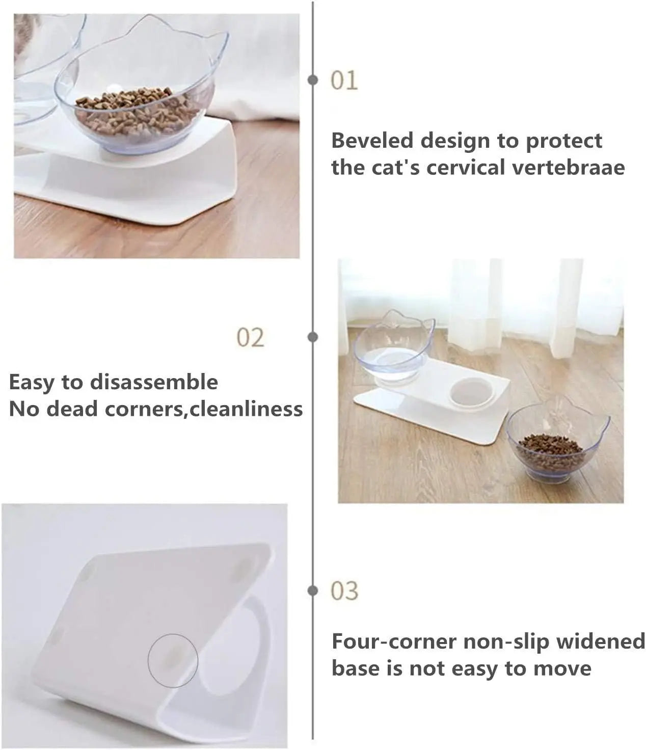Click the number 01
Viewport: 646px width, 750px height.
pyautogui.click(x=344, y=81)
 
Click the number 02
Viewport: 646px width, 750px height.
pyautogui.click(x=251, y=338)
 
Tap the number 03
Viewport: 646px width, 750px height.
pyautogui.click(x=344, y=591)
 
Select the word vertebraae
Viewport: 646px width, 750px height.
pyautogui.click(x=568, y=168)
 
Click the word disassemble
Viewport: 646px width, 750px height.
pyautogui.click(x=154, y=382)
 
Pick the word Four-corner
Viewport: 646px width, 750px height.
pyautogui.click(x=393, y=641)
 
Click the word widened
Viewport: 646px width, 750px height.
pyautogui.click(x=601, y=641)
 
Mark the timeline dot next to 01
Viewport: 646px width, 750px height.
pyautogui.click(x=313, y=80)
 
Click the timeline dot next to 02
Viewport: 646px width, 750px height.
pyautogui.click(x=313, y=337)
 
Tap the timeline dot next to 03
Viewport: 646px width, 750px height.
pyautogui.click(x=313, y=591)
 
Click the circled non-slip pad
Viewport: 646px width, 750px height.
pyautogui.click(x=173, y=659)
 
